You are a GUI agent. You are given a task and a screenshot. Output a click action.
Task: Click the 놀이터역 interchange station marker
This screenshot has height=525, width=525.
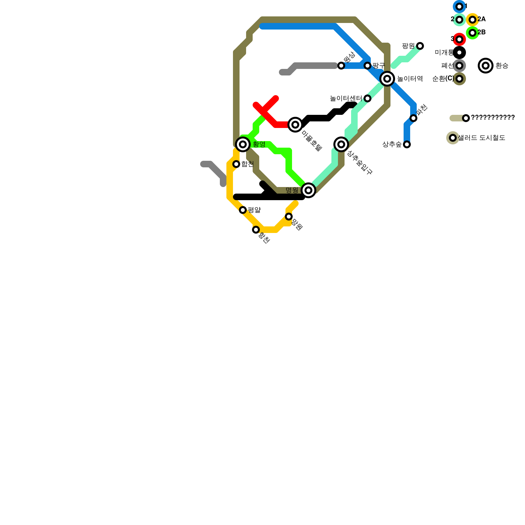coord(387,79)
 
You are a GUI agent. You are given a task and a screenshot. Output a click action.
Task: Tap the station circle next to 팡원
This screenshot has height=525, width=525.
coord(420,46)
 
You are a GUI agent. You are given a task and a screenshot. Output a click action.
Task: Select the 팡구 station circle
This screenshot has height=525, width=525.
coord(367,66)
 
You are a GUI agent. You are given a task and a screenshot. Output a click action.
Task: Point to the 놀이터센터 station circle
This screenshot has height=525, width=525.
coord(367,98)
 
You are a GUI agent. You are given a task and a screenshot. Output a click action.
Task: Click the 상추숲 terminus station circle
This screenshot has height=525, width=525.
coord(407,144)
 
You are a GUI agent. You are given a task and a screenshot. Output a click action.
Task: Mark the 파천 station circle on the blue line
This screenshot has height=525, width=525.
coord(413,118)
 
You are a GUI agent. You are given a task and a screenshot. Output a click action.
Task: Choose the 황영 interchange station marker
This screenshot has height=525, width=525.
coord(243,144)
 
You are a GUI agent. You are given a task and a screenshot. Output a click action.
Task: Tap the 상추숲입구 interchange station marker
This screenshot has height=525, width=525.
coord(341,144)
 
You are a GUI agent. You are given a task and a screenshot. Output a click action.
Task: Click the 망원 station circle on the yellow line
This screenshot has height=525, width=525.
coord(289,217)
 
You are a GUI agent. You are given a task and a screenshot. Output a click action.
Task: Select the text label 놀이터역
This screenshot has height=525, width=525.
coord(410,79)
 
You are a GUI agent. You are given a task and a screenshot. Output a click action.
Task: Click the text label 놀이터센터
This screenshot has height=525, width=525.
coord(346,98)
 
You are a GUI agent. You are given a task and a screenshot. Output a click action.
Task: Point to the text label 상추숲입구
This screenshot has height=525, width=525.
coord(360,163)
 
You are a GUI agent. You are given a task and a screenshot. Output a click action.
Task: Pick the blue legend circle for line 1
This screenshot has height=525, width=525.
coord(459,7)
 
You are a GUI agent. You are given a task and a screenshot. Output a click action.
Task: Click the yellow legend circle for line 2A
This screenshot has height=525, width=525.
coord(472,20)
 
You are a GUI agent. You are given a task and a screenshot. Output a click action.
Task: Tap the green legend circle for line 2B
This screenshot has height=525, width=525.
coord(472,33)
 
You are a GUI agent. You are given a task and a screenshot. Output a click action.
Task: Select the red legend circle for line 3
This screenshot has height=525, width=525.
coord(459,39)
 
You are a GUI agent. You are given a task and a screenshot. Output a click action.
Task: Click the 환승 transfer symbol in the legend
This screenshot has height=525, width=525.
coord(486,66)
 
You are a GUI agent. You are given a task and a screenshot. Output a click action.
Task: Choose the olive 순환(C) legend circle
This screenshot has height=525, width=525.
coord(459,79)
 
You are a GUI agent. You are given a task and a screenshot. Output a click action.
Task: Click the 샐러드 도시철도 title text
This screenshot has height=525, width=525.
coord(482,138)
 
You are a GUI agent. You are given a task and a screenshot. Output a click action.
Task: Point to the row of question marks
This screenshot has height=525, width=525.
coord(493,118)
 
